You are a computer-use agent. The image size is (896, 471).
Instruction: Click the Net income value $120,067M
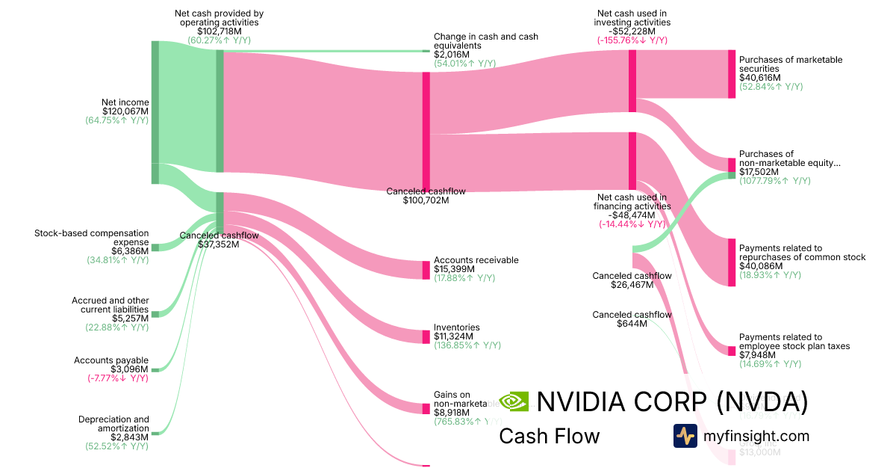pos(125,111)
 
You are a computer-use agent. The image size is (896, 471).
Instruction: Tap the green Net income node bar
pos(155,112)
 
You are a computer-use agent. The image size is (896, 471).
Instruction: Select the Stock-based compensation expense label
pos(92,238)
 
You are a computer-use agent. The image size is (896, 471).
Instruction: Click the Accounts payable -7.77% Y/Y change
pos(118,378)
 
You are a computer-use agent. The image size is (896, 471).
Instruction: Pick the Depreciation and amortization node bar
pos(155,433)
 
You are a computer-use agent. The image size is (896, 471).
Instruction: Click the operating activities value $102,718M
pos(219,31)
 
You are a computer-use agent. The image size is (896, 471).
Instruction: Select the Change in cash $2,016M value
pos(452,55)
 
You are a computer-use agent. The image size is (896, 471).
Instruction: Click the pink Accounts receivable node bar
pos(426,270)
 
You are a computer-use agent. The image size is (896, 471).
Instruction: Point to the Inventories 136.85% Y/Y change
pos(467,345)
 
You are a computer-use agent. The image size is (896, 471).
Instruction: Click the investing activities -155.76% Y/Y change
pos(632,40)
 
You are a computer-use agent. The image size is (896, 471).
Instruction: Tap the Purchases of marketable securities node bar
pos(732,74)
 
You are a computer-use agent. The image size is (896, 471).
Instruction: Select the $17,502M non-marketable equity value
pos(759,172)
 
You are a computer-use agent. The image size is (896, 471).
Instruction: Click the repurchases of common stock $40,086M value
pos(759,266)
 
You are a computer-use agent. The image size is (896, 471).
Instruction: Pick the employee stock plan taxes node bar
pos(732,351)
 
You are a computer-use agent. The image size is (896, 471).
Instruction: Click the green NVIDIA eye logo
pos(514,402)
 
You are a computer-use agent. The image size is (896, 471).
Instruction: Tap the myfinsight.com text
pos(756,436)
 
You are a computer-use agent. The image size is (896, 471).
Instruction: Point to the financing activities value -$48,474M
pos(632,215)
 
